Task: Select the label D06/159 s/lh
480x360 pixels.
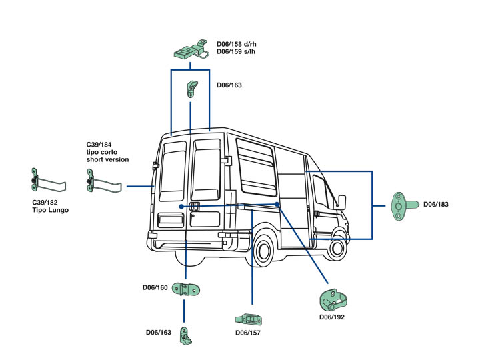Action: (x=237, y=52)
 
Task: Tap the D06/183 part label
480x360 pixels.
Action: (x=436, y=205)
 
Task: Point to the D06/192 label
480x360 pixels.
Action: (x=332, y=317)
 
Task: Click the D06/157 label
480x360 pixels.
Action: (x=248, y=332)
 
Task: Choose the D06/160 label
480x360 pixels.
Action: (x=155, y=288)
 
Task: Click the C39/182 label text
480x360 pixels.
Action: (x=45, y=202)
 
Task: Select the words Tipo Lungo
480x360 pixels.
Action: (x=51, y=210)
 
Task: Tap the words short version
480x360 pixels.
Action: (x=107, y=159)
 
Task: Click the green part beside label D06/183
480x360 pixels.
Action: (x=402, y=205)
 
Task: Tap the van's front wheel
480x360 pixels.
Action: (x=337, y=248)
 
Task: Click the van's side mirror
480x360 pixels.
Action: (x=342, y=201)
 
